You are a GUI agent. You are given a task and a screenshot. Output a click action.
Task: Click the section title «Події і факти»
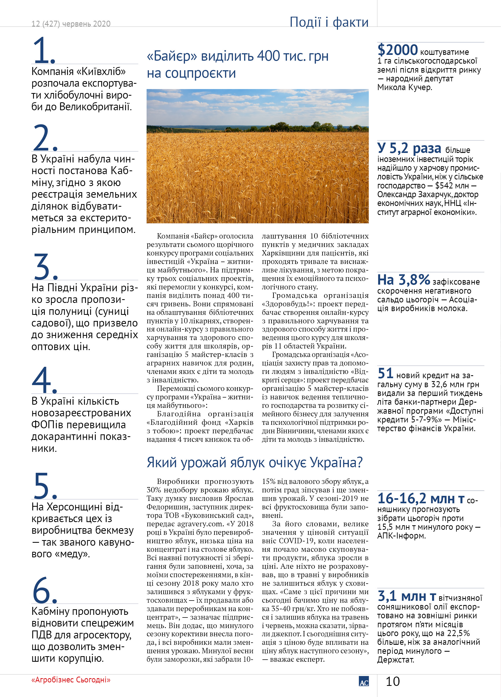coord(329,22)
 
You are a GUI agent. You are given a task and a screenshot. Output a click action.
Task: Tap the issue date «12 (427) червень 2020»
coord(71,24)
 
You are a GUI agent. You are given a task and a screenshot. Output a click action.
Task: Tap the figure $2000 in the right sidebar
coord(397,50)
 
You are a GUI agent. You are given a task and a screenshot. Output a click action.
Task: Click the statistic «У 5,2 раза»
coord(409,148)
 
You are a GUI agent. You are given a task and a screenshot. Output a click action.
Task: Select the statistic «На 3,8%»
coord(403,280)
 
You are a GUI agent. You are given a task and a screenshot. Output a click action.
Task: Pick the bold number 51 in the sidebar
coord(385,373)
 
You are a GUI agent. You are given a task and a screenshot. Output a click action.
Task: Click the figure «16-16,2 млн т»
coord(420,498)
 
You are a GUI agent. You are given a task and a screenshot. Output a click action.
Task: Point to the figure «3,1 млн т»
coord(407,596)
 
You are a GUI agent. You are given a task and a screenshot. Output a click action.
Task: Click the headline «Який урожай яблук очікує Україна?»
coord(254,462)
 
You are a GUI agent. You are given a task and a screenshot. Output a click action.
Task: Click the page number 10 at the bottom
coord(393,681)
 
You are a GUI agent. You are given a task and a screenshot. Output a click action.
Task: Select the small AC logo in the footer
coord(364,681)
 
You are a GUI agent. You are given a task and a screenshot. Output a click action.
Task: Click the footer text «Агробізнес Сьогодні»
coord(71,680)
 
